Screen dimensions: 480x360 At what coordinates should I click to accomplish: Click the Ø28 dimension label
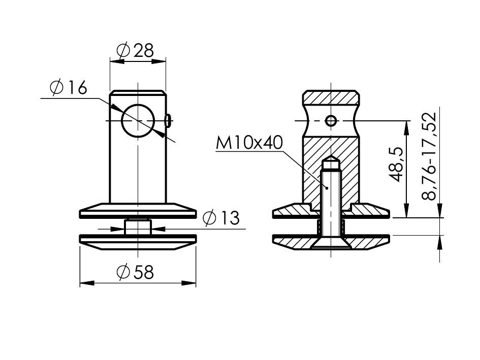(x=135, y=50)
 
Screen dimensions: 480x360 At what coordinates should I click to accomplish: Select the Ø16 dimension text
(x=68, y=88)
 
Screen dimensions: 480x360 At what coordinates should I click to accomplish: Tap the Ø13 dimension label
(x=221, y=218)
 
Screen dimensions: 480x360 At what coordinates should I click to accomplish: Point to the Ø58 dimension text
(x=135, y=272)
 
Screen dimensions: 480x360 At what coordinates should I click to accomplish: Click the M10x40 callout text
(x=249, y=143)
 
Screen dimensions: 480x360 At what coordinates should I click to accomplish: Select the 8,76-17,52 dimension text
(x=428, y=156)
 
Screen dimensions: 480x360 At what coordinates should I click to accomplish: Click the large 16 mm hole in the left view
(x=138, y=121)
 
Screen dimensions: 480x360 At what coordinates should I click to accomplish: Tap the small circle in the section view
(x=331, y=121)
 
